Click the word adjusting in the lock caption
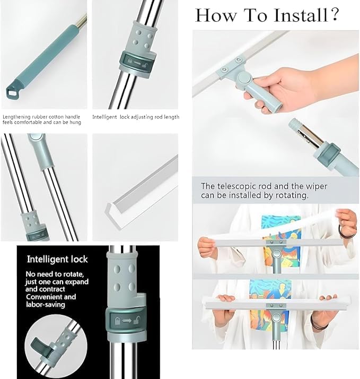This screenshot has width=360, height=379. click(139, 117)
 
